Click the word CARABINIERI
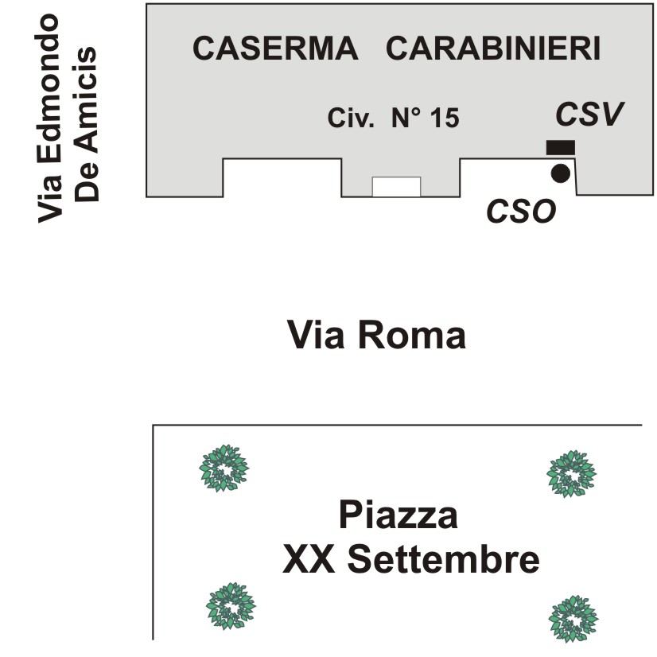point(492,49)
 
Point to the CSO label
point(520,212)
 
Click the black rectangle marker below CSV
point(560,147)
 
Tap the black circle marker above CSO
point(561,173)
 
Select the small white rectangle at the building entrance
point(396,186)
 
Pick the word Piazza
point(398,515)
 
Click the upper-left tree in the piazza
point(224,468)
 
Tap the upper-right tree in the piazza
point(571,474)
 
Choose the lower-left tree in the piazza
point(231,606)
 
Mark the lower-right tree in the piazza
point(574,618)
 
